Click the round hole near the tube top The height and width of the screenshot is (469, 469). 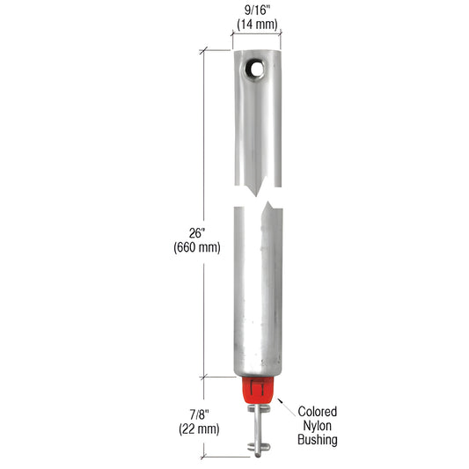click(x=256, y=67)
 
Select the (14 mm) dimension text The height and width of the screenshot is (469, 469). click(x=256, y=25)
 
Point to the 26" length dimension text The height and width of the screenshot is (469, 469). click(x=197, y=233)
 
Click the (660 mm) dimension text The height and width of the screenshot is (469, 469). click(x=197, y=247)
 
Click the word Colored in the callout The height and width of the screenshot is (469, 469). click(x=318, y=412)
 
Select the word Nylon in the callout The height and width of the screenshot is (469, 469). click(x=318, y=426)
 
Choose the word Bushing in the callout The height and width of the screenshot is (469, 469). click(x=318, y=440)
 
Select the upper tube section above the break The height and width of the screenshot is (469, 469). click(x=256, y=123)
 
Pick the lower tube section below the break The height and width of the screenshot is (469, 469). click(x=256, y=290)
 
